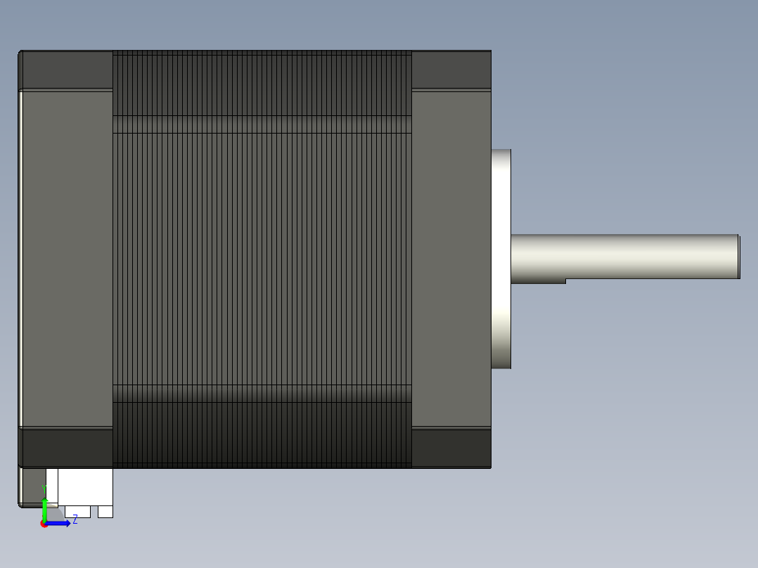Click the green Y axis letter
44,488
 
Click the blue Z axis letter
75,520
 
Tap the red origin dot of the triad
44,524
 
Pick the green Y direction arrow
44,508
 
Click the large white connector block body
84,486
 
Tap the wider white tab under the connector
77,512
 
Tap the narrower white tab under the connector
105,512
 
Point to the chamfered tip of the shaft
738,257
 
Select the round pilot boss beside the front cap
501,259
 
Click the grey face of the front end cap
451,259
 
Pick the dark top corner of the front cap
451,69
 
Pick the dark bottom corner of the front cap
451,448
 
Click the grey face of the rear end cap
68,259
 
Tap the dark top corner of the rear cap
68,69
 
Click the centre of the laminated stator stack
262,259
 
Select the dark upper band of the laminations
262,83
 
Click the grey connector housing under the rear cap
31,485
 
